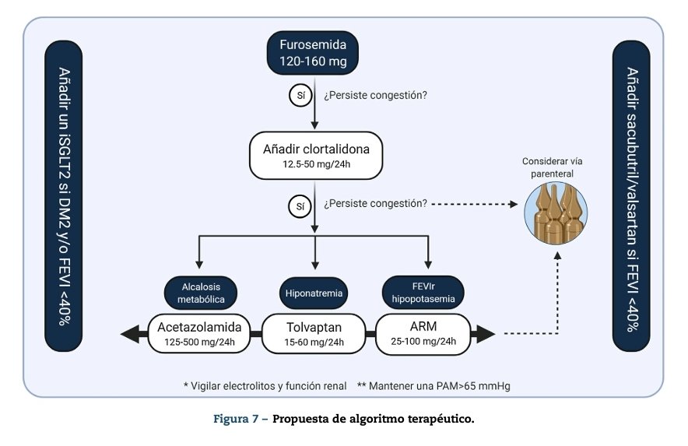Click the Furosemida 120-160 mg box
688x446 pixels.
click(314, 52)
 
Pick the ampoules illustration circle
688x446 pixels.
click(556, 212)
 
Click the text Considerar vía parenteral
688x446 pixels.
click(552, 167)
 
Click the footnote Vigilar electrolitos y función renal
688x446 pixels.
click(265, 385)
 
